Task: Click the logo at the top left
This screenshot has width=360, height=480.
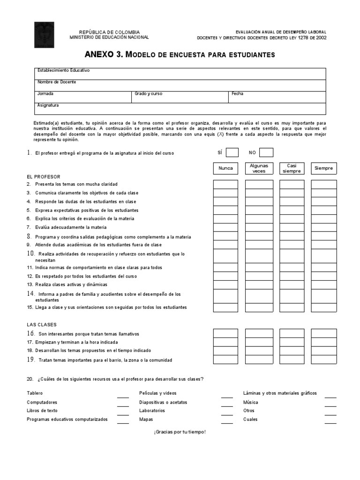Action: point(44,35)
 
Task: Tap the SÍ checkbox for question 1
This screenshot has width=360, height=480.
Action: point(232,152)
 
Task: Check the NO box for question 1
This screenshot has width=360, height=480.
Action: point(266,152)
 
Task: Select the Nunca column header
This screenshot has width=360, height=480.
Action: point(225,168)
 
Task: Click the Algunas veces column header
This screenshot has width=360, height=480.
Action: point(259,168)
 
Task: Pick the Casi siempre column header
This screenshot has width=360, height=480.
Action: point(292,168)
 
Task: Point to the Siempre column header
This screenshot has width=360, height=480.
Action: point(324,168)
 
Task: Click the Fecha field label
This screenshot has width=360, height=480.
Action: point(238,94)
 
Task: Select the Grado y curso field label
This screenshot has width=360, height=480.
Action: point(148,94)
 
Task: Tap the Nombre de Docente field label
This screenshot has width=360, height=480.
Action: point(57,82)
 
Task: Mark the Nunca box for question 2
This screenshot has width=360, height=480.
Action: point(225,184)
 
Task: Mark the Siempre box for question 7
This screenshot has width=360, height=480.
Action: point(324,228)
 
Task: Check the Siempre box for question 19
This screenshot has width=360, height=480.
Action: point(324,360)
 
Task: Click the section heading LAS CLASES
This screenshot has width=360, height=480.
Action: point(42,324)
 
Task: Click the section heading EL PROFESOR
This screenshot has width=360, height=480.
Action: point(44,177)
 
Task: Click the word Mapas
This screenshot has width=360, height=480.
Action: point(146,420)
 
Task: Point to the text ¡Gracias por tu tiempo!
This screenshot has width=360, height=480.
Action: point(180,432)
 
